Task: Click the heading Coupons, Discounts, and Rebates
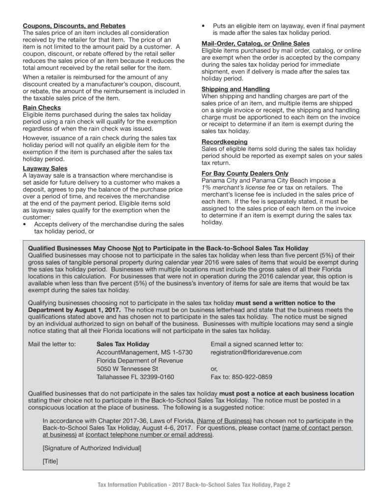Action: pyautogui.click(x=74, y=25)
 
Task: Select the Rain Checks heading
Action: pyautogui.click(x=42, y=107)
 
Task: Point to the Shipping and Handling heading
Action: pyautogui.click(x=235, y=89)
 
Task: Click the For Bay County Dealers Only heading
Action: pyautogui.click(x=245, y=174)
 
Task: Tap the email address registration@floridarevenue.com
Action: pyautogui.click(x=256, y=352)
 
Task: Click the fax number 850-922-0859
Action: pyautogui.click(x=241, y=377)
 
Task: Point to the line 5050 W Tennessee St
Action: pyautogui.click(x=127, y=369)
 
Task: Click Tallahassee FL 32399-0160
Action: pyautogui.click(x=135, y=377)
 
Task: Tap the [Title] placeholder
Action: pyautogui.click(x=51, y=462)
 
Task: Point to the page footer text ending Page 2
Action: pyautogui.click(x=194, y=485)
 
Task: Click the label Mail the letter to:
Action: pyautogui.click(x=52, y=344)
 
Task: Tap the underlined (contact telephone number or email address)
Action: pyautogui.click(x=149, y=435)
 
